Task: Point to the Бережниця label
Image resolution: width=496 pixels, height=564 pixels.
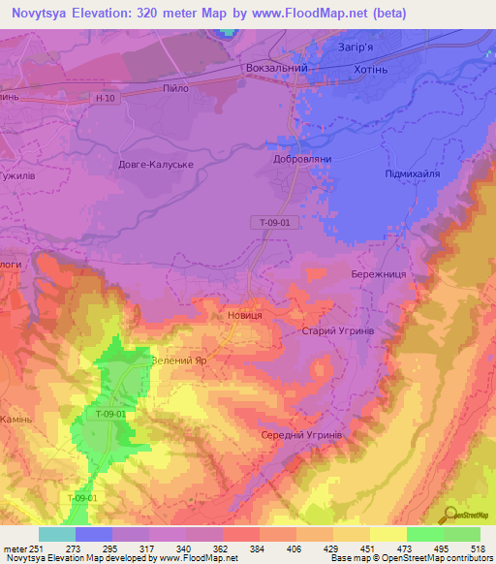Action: click(379, 275)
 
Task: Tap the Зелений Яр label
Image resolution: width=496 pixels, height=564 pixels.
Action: click(178, 360)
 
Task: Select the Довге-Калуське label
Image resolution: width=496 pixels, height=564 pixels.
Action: click(156, 165)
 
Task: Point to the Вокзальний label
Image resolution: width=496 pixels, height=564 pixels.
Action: click(278, 70)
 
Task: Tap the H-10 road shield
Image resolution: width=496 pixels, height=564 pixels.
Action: click(107, 98)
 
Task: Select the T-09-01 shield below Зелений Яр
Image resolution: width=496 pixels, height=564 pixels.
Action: click(111, 414)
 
